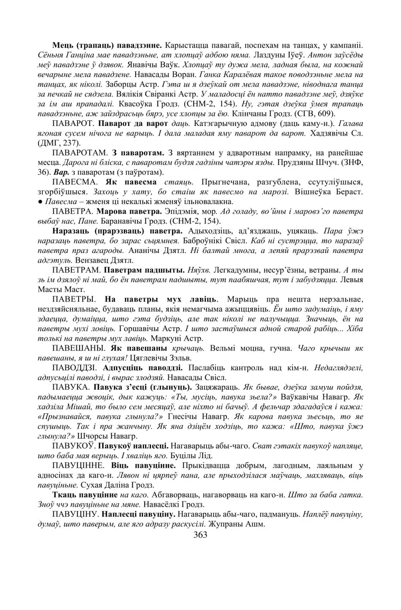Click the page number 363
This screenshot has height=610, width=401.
click(200, 535)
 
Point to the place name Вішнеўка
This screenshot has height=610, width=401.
click(314, 192)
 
